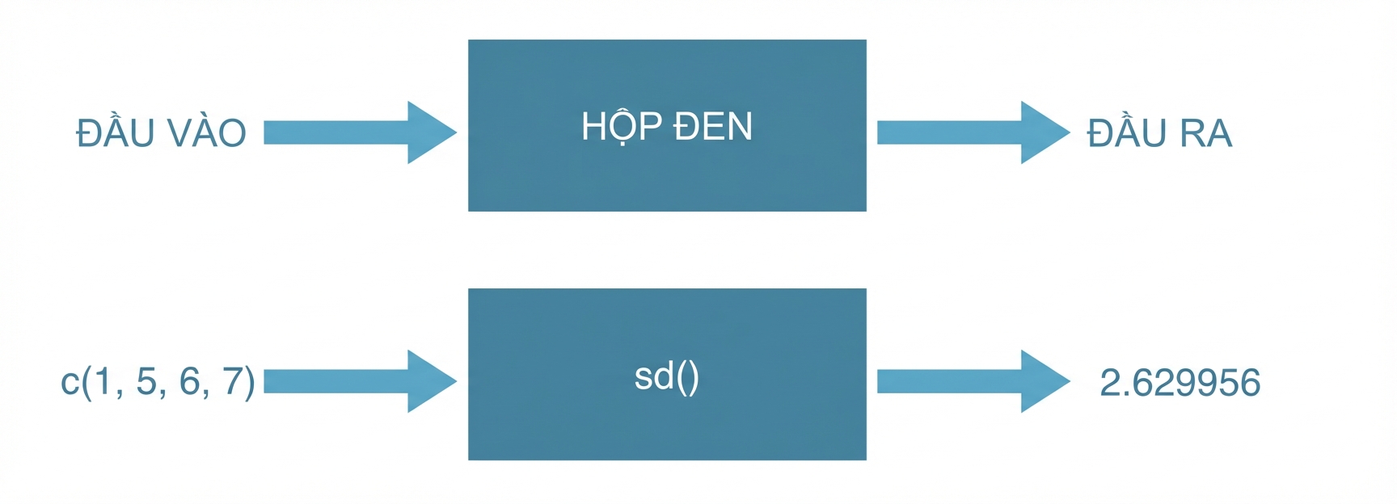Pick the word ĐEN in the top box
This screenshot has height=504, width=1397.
pos(712,127)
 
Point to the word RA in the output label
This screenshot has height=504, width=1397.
pos(1206,134)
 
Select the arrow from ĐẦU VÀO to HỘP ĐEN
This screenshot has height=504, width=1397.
pos(361,132)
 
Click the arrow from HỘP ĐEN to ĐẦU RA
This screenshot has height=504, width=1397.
pos(974,132)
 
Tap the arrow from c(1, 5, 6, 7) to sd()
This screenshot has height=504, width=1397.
pos(361,381)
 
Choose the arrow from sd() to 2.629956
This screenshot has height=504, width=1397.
pos(974,381)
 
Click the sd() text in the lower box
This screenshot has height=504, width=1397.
pos(667,377)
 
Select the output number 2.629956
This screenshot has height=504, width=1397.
pos(1180,383)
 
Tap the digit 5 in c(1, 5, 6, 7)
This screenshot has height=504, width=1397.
pos(146,381)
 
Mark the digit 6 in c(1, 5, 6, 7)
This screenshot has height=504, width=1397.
pos(189,381)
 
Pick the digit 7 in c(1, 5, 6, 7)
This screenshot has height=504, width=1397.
pos(233,381)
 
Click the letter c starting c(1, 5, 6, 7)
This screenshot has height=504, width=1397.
pos(70,383)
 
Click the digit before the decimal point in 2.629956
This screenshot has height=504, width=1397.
pos(1111,383)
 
